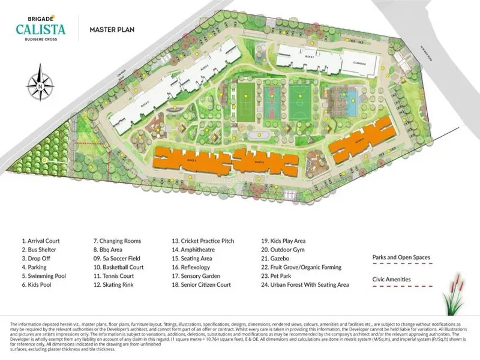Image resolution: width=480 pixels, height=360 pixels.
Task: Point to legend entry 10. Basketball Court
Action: click(x=118, y=267)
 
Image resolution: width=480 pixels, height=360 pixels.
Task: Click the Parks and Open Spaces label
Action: click(x=401, y=257)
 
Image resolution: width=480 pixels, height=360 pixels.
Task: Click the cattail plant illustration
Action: click(x=454, y=298)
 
